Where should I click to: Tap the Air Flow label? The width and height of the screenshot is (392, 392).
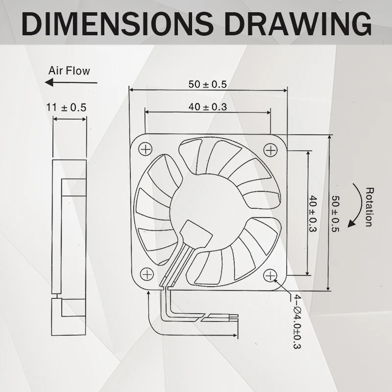tap(69, 71)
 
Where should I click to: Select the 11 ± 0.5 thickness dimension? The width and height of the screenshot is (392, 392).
tap(66, 107)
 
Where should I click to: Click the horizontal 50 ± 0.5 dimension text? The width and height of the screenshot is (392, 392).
tap(208, 84)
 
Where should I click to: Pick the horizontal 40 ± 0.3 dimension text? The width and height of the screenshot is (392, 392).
tap(208, 107)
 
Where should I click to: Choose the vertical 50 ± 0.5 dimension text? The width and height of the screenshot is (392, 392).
tap(336, 214)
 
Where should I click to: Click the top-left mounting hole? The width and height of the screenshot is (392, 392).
tap(146, 148)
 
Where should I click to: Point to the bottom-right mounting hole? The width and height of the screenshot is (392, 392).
tap(270, 276)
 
